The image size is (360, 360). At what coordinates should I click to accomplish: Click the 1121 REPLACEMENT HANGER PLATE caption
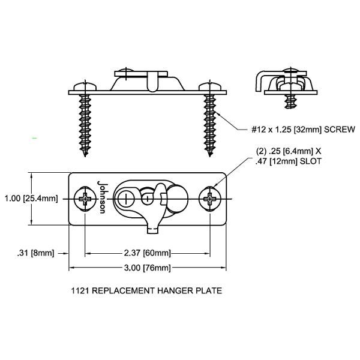pos(146,291)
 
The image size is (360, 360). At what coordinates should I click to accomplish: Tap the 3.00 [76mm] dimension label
pos(147,268)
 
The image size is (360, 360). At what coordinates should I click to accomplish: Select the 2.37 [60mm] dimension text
pos(147,253)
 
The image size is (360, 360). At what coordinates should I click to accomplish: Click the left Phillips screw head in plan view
pos(86,199)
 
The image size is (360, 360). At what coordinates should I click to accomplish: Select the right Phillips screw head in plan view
pos(211,199)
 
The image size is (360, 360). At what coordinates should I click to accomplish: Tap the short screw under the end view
pos(293,97)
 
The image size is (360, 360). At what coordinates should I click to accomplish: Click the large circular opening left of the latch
pos(127,198)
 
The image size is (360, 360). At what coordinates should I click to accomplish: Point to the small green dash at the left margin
pos(35,139)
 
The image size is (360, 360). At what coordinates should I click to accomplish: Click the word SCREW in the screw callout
pos(339,129)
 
